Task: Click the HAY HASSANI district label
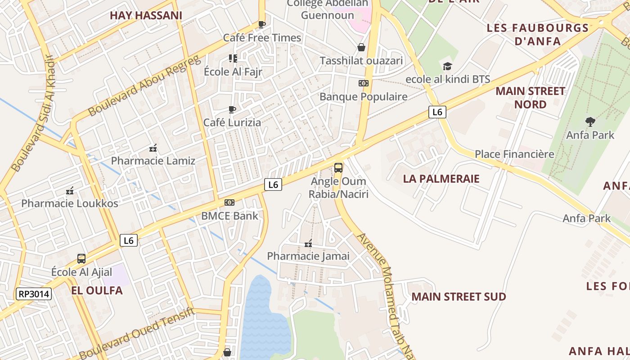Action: point(146,15)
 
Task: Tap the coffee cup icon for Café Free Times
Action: point(262,24)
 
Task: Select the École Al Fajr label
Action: point(233,72)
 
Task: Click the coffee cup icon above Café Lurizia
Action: point(232,109)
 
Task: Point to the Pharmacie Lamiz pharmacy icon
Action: point(153,148)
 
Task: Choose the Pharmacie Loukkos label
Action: point(70,203)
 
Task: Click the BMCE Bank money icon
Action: point(229,202)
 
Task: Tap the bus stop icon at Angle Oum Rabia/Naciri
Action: point(338,168)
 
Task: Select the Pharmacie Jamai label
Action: point(308,256)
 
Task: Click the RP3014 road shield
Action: point(34,294)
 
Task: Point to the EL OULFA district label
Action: point(97,290)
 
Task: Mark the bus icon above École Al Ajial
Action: point(81,259)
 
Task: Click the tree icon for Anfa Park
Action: point(590,121)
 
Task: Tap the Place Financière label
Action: point(514,154)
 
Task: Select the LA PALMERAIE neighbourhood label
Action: point(441,179)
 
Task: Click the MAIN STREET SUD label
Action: point(459,297)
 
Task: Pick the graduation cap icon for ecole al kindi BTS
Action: point(447,67)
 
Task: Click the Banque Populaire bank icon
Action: point(363,83)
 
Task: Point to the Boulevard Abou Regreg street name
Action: point(144,85)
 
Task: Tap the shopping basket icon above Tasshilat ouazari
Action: point(361,47)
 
